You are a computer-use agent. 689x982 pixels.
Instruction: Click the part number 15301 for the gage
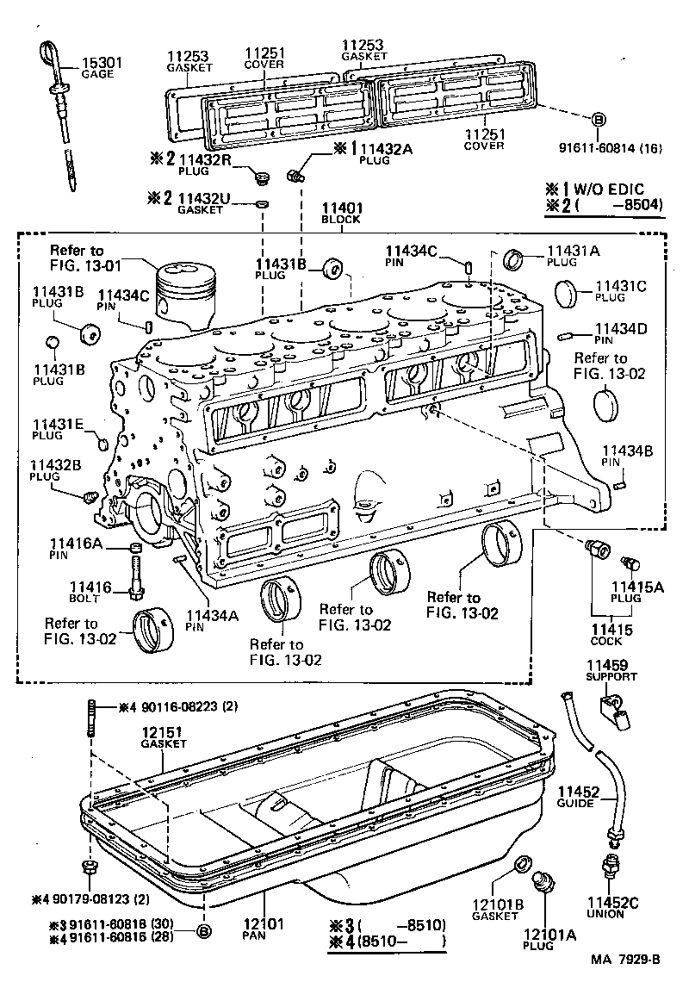coord(101,64)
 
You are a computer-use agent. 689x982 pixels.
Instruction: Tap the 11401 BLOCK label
coord(342,214)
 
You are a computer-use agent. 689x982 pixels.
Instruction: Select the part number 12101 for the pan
coord(266,923)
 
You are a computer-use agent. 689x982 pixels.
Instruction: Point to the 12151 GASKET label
coord(164,736)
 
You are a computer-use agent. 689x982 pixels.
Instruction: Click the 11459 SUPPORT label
coord(611,670)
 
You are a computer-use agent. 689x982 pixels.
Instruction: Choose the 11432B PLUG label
coord(56,470)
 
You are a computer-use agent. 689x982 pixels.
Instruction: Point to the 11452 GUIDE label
coord(576,797)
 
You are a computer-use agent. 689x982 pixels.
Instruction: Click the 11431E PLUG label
coord(57,429)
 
